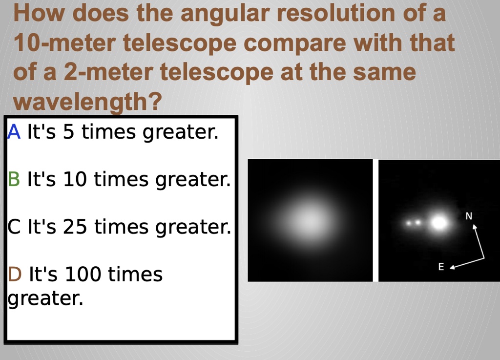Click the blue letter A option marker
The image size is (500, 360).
click(x=14, y=132)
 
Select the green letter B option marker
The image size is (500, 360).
click(x=14, y=180)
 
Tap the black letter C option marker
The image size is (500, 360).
click(x=14, y=227)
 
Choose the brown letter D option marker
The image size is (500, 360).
click(x=15, y=275)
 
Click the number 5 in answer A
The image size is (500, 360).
click(x=68, y=132)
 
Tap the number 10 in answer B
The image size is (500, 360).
click(x=75, y=180)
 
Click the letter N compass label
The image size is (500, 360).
click(x=469, y=216)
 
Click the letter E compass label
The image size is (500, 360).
click(x=441, y=267)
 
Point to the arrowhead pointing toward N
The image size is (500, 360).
click(x=474, y=227)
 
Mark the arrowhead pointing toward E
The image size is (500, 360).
click(x=452, y=267)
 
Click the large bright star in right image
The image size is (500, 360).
click(x=439, y=223)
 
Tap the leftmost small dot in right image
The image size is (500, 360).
click(x=409, y=223)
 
